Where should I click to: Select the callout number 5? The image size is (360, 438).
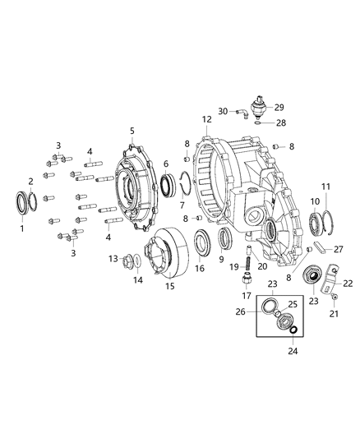click(x=132, y=130)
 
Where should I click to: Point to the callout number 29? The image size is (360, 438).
click(x=279, y=107)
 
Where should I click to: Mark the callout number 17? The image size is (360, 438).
click(x=245, y=295)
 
